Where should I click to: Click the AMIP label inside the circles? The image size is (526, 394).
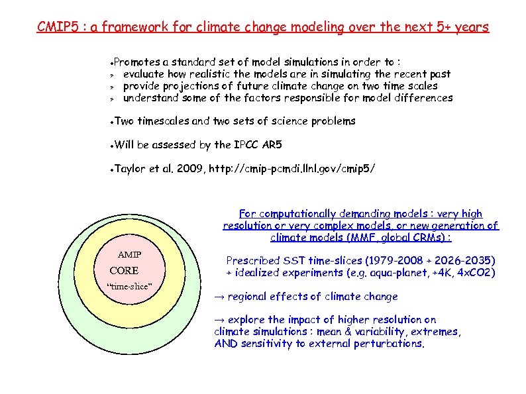pyautogui.click(x=129, y=255)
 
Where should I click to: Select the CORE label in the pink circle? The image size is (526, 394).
pyautogui.click(x=124, y=271)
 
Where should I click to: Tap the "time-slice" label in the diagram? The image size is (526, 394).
pyautogui.click(x=130, y=286)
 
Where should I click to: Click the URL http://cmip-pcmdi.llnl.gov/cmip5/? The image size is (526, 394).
pyautogui.click(x=292, y=169)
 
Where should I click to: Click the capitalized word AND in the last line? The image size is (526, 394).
pyautogui.click(x=226, y=344)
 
